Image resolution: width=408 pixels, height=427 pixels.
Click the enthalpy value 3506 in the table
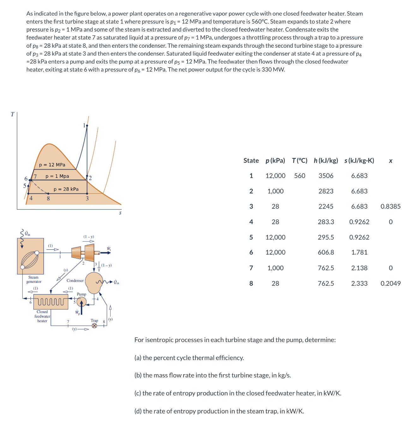pos(326,176)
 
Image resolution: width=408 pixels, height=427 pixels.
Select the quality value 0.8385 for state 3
pos(390,206)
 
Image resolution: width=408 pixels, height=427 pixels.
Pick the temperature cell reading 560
pos(299,176)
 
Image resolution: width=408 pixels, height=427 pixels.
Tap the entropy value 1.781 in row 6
pos(359,252)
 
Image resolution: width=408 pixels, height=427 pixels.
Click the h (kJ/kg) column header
pos(326,160)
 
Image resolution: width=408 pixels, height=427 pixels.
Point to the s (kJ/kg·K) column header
pos(359,160)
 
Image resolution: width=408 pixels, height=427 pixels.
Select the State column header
pos(251,160)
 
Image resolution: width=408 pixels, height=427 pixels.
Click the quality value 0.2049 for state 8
pos(390,283)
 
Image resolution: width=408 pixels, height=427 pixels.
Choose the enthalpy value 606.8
pos(326,252)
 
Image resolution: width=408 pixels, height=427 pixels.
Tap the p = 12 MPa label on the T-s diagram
pos(52,165)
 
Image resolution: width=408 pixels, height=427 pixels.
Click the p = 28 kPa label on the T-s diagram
pos(66,189)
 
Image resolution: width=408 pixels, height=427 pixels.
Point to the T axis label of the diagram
pos(12,114)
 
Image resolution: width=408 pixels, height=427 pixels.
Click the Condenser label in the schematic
pos(75,280)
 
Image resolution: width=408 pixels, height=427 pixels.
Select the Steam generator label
pos(34,280)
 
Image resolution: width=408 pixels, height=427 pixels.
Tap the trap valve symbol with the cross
pos(94,326)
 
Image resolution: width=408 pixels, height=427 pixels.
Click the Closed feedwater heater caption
pos(42,316)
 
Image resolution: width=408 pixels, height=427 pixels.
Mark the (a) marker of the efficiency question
pos(138,358)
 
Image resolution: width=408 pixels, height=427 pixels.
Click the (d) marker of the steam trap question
pos(138,411)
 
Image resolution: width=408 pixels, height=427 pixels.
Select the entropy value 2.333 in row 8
pos(359,283)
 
